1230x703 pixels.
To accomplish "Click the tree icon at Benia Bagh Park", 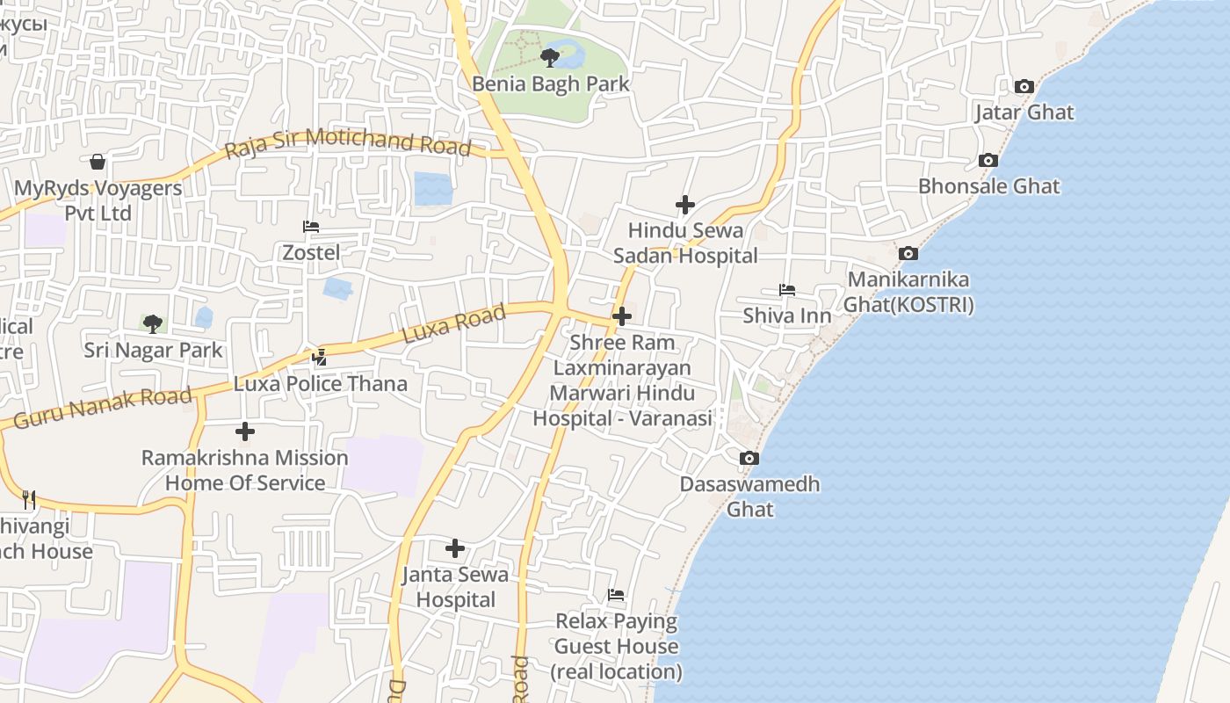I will [550, 58].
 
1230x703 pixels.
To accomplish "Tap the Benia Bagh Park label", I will [551, 84].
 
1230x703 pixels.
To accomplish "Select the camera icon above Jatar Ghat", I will [1024, 86].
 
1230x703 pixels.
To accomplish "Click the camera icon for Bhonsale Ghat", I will [988, 161].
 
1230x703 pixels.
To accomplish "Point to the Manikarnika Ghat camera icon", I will [908, 254].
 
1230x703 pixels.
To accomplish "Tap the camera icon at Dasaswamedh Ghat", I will [749, 458].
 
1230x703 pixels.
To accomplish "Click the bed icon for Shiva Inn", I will [786, 290].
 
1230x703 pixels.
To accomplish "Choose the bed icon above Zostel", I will [311, 227].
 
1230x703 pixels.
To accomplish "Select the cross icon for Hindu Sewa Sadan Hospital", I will [685, 205].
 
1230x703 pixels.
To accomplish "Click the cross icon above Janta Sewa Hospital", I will [455, 548].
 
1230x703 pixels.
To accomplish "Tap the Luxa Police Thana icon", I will [320, 358].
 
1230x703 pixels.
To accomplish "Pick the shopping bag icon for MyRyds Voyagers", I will [98, 162].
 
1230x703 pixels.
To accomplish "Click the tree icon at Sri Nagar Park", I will [153, 323].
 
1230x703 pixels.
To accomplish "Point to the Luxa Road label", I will [453, 324].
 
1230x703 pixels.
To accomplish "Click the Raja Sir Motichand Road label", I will [348, 143].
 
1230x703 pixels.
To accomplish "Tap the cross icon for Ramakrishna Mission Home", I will [245, 431].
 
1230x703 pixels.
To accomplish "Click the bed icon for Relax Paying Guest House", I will [616, 595].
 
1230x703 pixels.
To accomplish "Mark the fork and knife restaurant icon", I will [29, 500].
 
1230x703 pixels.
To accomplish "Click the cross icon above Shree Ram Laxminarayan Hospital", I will [622, 315].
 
